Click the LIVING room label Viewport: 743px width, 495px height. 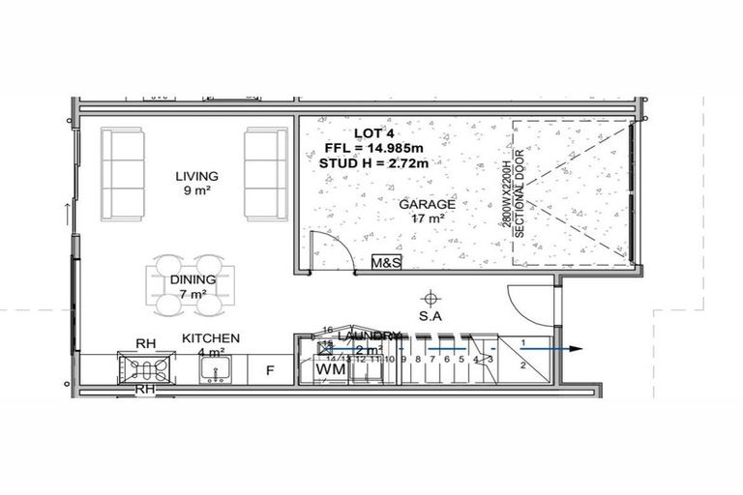pyautogui.click(x=196, y=177)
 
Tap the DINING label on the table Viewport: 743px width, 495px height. pyautogui.click(x=194, y=280)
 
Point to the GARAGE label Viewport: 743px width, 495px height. pyautogui.click(x=427, y=205)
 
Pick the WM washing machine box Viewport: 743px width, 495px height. pyautogui.click(x=327, y=368)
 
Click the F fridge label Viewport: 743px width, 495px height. pyautogui.click(x=271, y=369)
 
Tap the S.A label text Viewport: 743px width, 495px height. pyautogui.click(x=432, y=316)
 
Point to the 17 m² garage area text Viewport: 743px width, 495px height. pyautogui.click(x=427, y=219)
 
